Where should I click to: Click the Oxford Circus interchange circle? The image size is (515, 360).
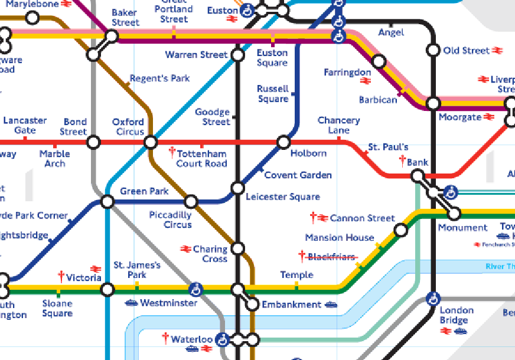click(x=151, y=142)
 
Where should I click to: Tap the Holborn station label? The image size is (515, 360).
click(x=308, y=153)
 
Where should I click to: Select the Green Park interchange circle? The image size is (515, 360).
click(x=107, y=202)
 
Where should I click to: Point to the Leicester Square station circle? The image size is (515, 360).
click(x=237, y=188)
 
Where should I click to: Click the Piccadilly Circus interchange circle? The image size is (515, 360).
click(x=191, y=202)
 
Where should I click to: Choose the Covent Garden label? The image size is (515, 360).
click(x=298, y=175)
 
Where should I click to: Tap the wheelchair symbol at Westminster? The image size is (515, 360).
click(x=195, y=289)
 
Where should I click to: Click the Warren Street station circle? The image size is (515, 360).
click(x=237, y=55)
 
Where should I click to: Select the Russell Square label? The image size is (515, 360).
click(x=273, y=94)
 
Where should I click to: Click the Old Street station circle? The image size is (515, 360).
click(x=433, y=51)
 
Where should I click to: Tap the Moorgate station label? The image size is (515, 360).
click(x=460, y=117)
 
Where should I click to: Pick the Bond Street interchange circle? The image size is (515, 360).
click(x=93, y=142)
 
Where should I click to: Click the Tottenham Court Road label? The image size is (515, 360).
click(x=201, y=158)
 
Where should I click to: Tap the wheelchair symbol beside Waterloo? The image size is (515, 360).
click(x=222, y=340)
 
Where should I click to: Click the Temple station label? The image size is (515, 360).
click(x=296, y=275)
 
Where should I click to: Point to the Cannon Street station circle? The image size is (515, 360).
click(x=400, y=230)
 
